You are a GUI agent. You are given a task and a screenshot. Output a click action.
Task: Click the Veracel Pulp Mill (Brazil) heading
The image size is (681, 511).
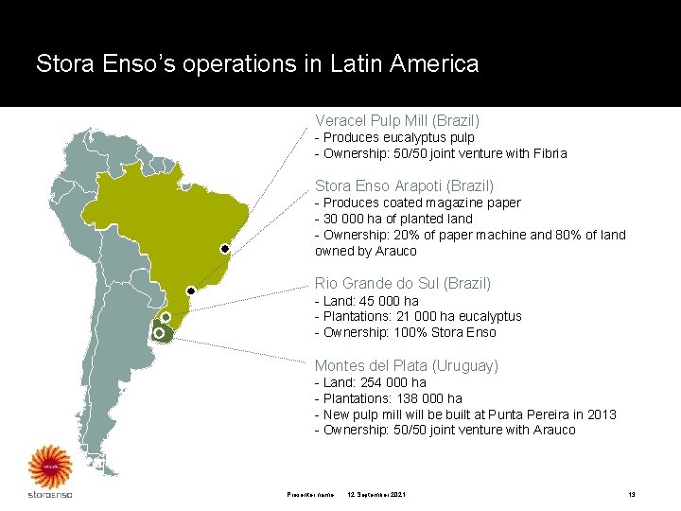[x=397, y=121]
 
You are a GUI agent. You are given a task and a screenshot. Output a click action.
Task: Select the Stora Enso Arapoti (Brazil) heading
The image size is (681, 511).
[x=404, y=186]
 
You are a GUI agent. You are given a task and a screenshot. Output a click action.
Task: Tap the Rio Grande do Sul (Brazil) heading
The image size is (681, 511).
[x=403, y=283]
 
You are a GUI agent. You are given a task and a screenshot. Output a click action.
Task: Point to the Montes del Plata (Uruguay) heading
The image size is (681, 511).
[x=407, y=365]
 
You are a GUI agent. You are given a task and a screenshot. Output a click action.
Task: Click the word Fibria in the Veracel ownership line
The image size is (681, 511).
[x=550, y=153]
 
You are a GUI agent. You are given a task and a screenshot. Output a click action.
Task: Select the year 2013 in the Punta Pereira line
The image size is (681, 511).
[x=601, y=414]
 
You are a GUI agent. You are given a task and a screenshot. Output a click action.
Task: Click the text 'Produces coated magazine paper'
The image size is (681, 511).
[x=422, y=203]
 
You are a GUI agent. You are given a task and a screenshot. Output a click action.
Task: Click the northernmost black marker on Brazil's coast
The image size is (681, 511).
[x=225, y=249]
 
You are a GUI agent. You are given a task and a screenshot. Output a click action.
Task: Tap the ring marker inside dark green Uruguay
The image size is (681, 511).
[x=159, y=333]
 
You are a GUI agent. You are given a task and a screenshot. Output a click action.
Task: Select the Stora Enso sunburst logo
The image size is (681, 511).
[x=49, y=467]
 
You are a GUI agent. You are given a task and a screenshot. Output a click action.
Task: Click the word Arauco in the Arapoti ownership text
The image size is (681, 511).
[x=396, y=251]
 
